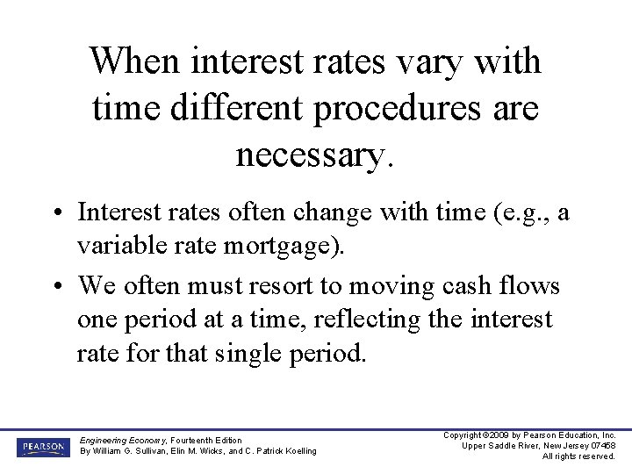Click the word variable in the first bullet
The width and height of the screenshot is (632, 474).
[114, 247]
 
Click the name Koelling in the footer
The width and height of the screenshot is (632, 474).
[296, 451]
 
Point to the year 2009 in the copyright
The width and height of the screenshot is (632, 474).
[497, 435]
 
